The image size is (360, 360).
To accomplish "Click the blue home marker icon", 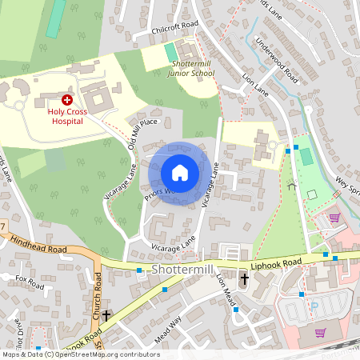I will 180,173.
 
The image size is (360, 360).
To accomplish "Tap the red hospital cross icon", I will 67,100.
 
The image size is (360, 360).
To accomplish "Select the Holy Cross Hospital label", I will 67,117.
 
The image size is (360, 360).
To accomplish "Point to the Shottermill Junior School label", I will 190,68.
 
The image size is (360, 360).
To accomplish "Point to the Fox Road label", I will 30,280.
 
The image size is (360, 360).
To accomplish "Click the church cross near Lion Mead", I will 245,279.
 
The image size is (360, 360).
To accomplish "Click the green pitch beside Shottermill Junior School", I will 170,52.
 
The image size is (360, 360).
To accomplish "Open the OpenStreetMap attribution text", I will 80,354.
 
